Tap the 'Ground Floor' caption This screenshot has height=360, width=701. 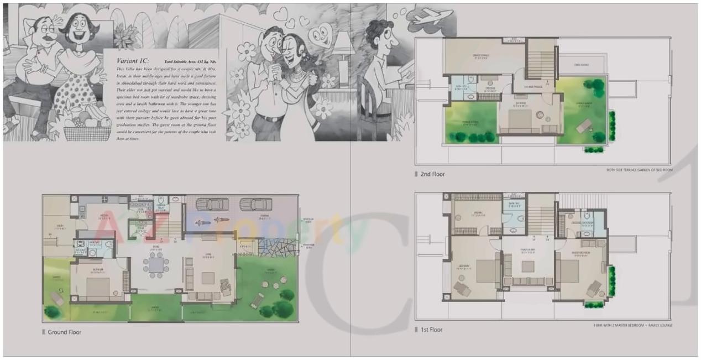click(64, 332)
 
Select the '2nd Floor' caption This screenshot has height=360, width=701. click(432, 174)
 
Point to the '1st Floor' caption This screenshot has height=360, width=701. click(431, 330)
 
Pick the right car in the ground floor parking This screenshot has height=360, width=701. click(255, 205)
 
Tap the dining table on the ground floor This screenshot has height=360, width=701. click(157, 265)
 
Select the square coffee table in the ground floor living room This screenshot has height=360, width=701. click(208, 278)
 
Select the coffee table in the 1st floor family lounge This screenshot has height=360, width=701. click(528, 266)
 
